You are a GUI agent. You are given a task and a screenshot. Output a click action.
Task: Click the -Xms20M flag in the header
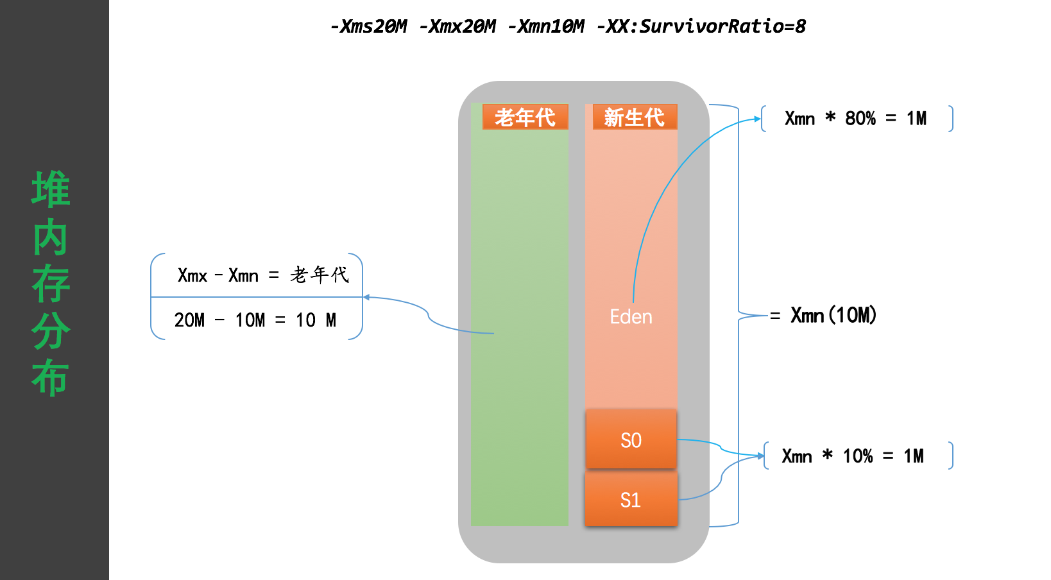click(368, 26)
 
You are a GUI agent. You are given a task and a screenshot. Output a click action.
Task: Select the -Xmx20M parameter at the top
click(457, 26)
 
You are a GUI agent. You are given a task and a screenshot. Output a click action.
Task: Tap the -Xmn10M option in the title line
click(545, 26)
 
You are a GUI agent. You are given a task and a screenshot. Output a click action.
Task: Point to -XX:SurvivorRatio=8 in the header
click(701, 26)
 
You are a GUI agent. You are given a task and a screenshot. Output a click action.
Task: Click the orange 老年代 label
click(525, 117)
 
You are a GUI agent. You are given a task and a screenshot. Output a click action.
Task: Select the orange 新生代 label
click(634, 117)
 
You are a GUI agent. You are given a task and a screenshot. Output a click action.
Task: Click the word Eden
click(631, 317)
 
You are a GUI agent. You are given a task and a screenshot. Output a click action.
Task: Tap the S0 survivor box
click(631, 440)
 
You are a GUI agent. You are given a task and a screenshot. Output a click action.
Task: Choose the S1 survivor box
click(631, 500)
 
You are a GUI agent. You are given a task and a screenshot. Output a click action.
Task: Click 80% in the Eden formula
click(860, 119)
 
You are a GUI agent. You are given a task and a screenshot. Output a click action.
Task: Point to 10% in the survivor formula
click(857, 456)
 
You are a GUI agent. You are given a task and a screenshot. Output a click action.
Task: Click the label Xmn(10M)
click(833, 315)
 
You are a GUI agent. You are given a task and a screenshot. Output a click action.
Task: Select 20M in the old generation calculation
click(189, 320)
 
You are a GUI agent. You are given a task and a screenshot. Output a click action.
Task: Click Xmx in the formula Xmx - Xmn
click(192, 276)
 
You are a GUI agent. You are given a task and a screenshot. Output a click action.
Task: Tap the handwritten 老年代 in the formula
click(319, 275)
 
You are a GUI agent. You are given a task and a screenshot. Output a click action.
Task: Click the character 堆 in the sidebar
click(51, 189)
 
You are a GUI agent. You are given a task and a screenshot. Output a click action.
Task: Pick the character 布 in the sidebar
click(51, 377)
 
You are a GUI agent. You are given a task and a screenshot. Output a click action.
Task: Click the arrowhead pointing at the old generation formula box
click(366, 297)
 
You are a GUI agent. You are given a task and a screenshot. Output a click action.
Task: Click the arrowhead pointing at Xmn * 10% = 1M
click(761, 456)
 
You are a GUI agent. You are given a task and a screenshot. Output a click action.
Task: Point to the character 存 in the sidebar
click(51, 284)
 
